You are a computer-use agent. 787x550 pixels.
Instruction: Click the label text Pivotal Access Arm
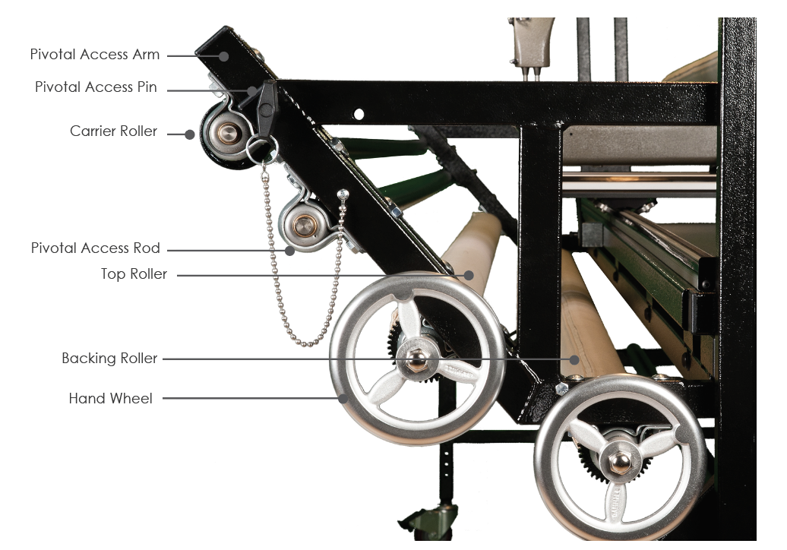[95, 55]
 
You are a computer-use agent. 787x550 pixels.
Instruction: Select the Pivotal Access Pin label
[96, 87]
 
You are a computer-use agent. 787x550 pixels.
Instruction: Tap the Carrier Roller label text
[113, 131]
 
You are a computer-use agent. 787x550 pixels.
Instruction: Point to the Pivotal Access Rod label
[96, 248]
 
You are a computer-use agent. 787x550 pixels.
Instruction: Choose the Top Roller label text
[134, 274]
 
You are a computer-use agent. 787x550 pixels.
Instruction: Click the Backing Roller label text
[109, 359]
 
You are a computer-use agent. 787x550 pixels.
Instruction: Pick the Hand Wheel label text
[110, 398]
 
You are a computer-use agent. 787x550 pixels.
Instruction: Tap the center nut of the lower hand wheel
[619, 460]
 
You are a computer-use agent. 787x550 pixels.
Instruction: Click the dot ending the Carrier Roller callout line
[191, 134]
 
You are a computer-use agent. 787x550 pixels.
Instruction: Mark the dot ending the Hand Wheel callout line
[343, 397]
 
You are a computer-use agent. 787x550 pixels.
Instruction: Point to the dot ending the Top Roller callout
[469, 275]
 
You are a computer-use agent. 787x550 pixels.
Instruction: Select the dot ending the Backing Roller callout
[575, 359]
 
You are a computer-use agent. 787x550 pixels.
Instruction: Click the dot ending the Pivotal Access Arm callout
[225, 55]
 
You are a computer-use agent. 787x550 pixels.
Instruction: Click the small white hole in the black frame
[359, 115]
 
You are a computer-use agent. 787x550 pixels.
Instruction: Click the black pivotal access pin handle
[266, 106]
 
